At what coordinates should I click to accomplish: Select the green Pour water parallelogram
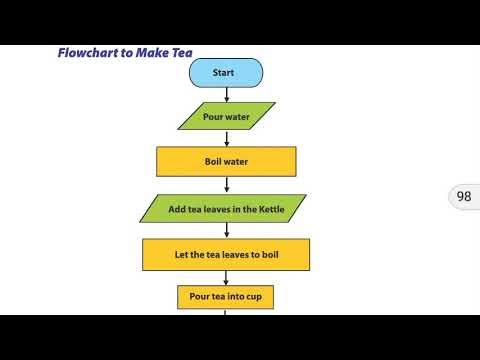(x=226, y=116)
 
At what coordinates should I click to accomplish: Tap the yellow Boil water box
(x=226, y=161)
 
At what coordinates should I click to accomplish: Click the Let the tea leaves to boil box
(x=226, y=254)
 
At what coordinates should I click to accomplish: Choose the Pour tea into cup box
(x=226, y=296)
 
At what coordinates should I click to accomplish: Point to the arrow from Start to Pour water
(x=227, y=94)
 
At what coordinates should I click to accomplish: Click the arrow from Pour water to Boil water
(x=227, y=138)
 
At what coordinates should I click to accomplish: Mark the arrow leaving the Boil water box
(x=227, y=185)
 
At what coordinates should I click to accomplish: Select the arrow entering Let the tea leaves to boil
(x=227, y=231)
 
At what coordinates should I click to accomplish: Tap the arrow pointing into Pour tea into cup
(x=227, y=277)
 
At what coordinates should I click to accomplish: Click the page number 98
(x=463, y=197)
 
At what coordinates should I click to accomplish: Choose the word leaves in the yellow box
(x=229, y=254)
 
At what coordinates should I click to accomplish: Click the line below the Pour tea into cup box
(x=227, y=311)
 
